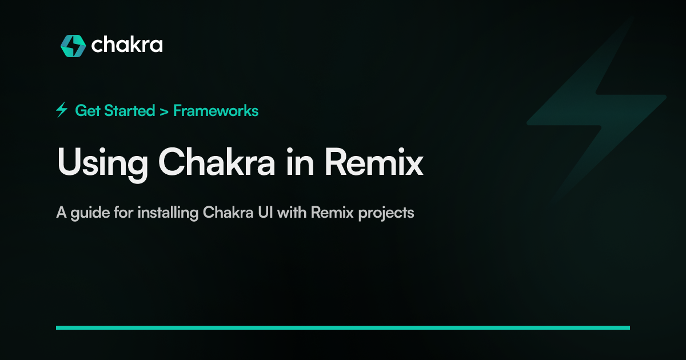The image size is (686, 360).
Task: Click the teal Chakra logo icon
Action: tap(73, 46)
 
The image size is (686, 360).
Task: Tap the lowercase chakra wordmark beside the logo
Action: tap(127, 45)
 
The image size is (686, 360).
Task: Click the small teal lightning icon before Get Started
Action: tap(62, 110)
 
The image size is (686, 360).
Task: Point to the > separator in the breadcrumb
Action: tap(164, 111)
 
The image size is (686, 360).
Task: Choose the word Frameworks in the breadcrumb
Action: tap(216, 110)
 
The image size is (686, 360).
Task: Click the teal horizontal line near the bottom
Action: tap(343, 327)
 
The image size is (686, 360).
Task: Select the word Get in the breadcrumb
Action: tap(86, 110)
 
